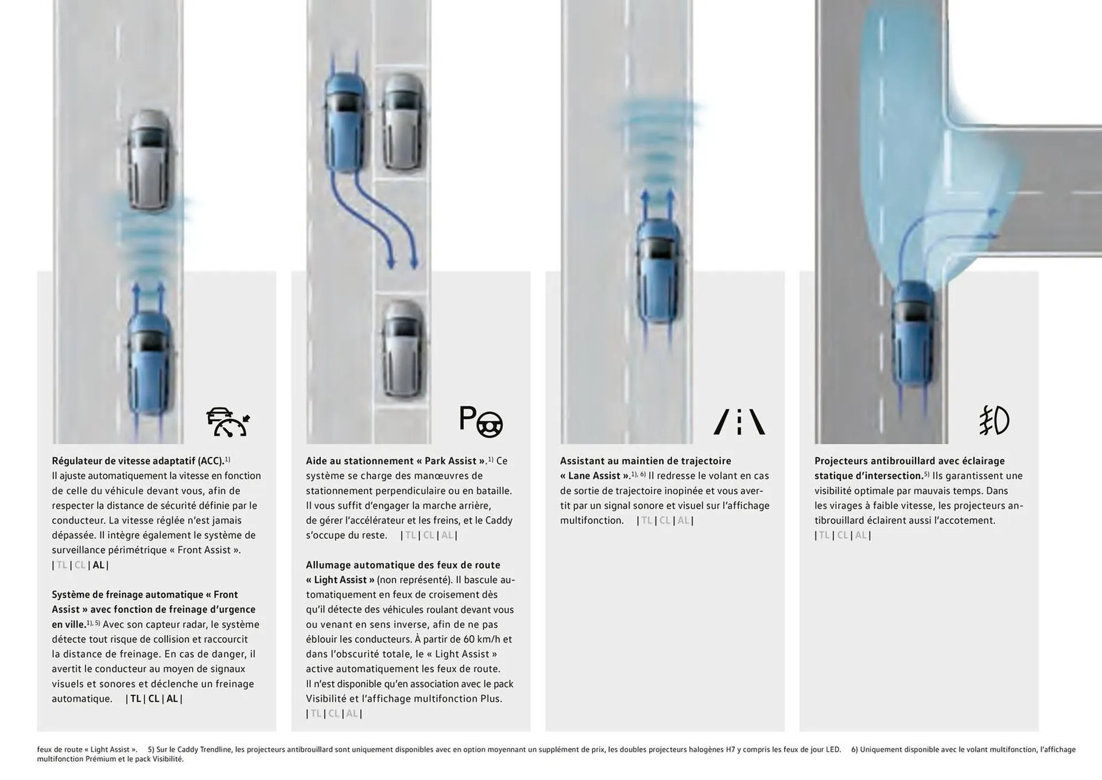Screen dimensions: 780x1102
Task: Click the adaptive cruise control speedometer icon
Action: click(x=228, y=422)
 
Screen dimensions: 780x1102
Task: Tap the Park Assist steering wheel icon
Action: click(x=481, y=421)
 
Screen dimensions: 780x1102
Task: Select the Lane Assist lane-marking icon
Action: click(x=739, y=422)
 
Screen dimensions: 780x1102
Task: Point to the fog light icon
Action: click(x=994, y=420)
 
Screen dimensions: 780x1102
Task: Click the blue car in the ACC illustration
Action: click(x=150, y=362)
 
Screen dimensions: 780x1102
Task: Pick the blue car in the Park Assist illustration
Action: click(x=344, y=122)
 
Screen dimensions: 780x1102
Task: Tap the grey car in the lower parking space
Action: click(x=404, y=349)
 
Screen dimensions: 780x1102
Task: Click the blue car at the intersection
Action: click(x=914, y=333)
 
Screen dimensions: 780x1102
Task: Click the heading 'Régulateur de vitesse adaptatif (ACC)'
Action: click(x=138, y=461)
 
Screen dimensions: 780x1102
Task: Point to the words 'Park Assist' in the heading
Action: click(x=451, y=461)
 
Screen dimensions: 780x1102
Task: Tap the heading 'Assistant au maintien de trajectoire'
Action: click(x=646, y=461)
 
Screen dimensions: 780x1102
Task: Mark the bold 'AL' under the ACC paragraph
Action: click(x=99, y=565)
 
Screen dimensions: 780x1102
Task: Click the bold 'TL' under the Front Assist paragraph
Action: click(x=135, y=699)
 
